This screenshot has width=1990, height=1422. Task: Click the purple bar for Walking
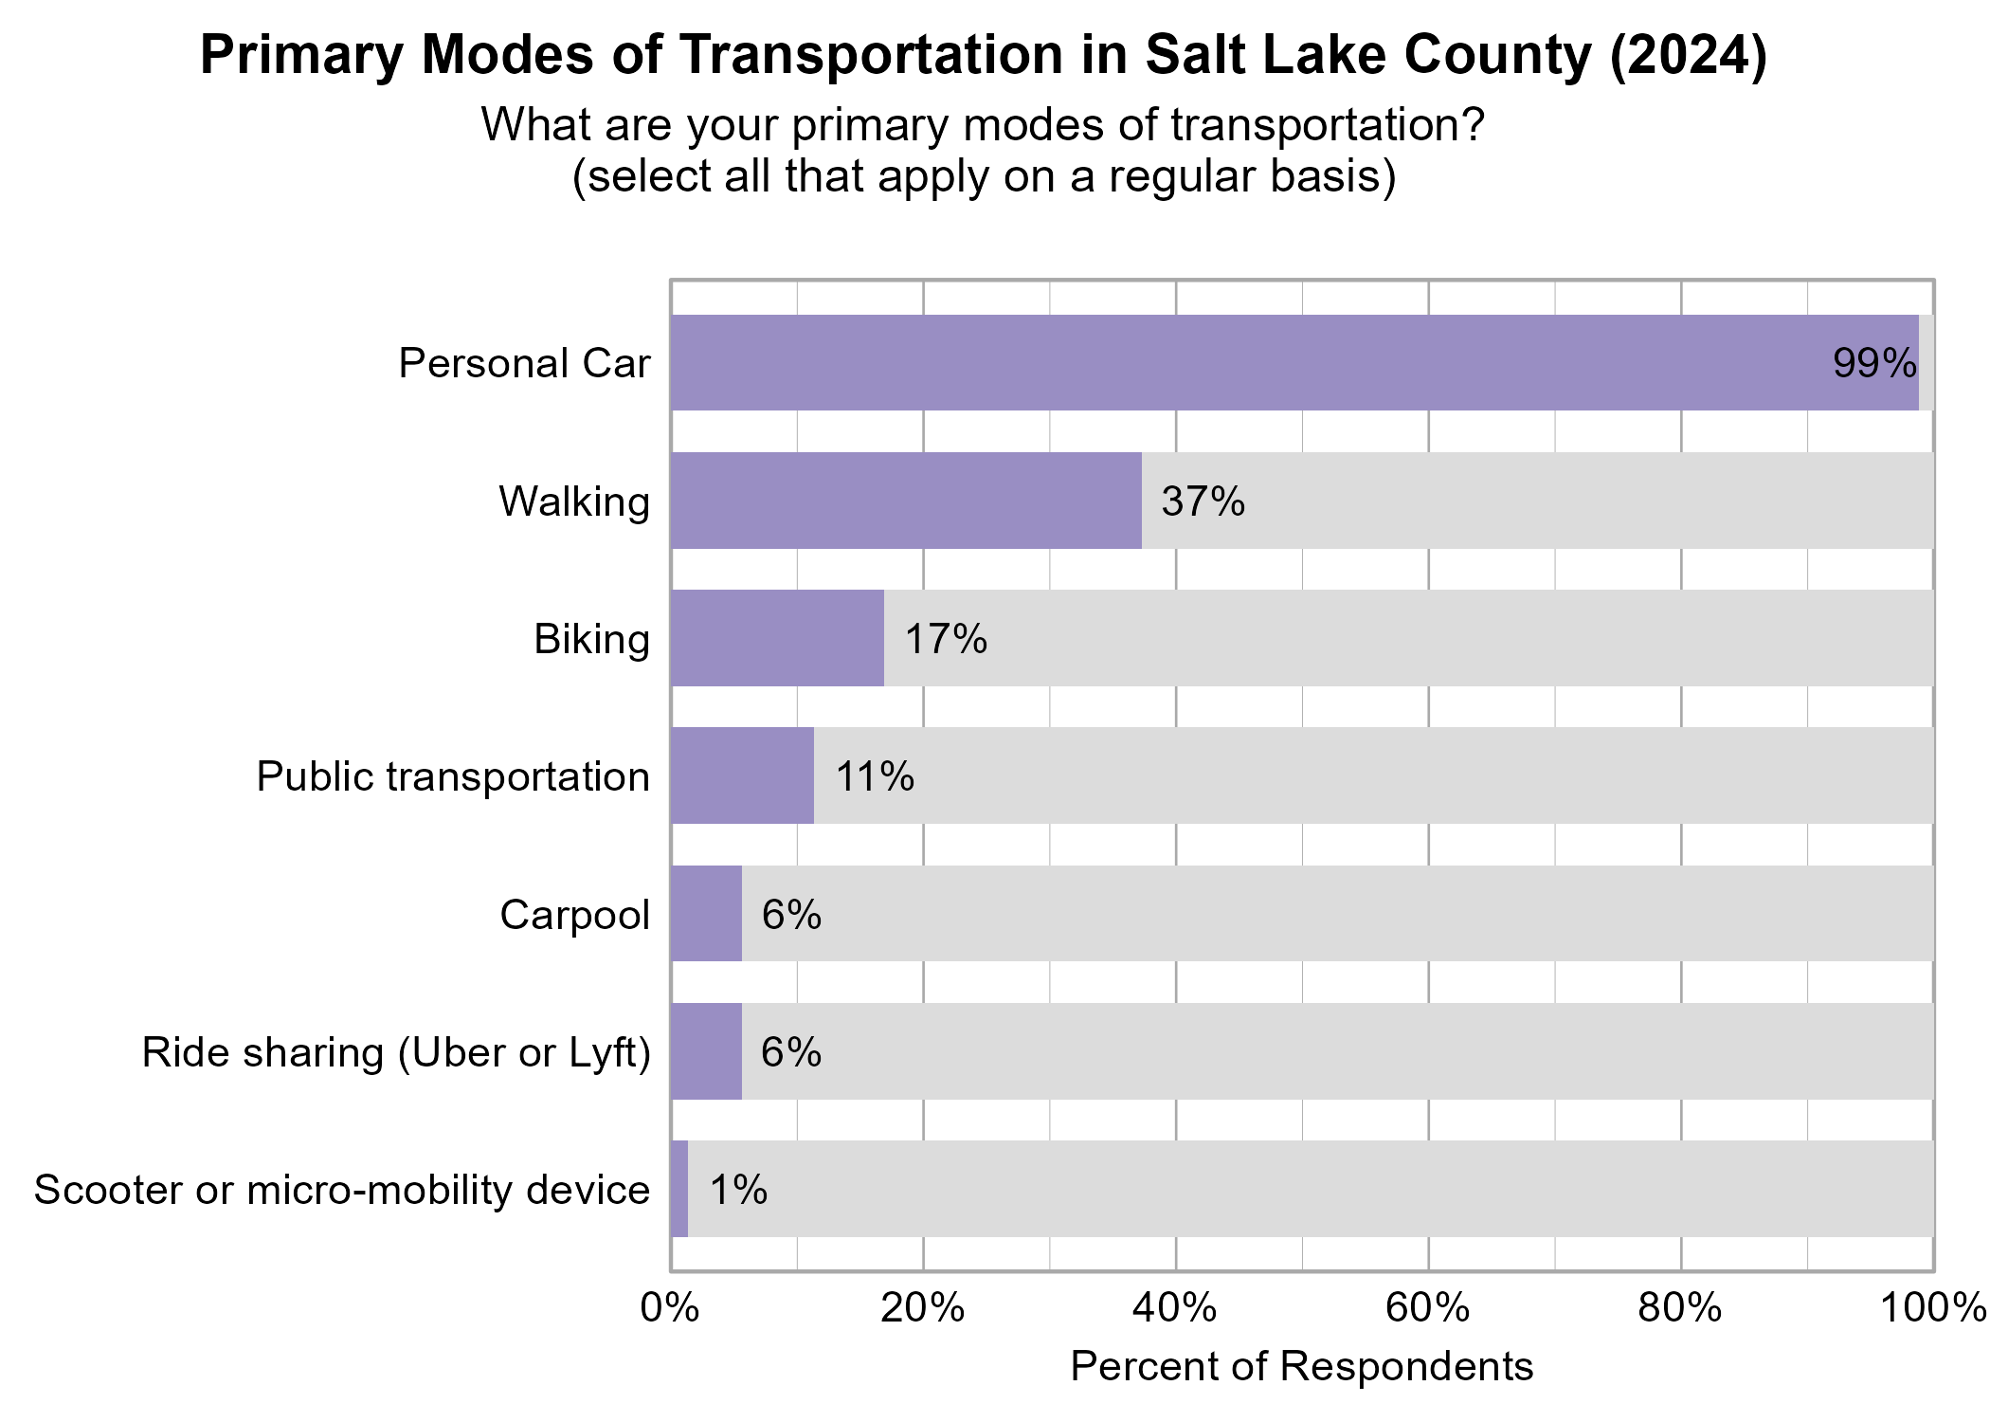tap(906, 501)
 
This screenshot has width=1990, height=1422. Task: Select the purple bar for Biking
tap(777, 638)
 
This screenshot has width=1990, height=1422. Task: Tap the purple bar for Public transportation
tap(742, 775)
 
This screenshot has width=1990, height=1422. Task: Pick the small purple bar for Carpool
tap(706, 914)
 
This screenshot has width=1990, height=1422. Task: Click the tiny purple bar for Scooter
tap(679, 1189)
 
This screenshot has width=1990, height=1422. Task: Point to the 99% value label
tap(1873, 363)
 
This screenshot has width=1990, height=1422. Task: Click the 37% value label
tap(1203, 501)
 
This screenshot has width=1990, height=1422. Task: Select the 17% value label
tap(945, 639)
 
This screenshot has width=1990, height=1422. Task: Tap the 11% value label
tap(874, 776)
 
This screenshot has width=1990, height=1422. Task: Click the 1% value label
tap(737, 1190)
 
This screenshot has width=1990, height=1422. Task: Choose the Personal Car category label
tap(524, 363)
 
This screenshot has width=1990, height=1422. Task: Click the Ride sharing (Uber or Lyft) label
tap(396, 1052)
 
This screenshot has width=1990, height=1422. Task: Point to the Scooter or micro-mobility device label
tap(342, 1190)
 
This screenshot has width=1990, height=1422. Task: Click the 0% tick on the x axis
tap(670, 1308)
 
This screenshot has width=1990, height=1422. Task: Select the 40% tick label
tap(1175, 1308)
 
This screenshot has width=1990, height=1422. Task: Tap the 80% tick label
tap(1680, 1308)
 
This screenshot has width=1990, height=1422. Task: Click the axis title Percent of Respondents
tap(1301, 1367)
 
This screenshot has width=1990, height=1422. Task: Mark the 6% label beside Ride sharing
tap(790, 1052)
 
